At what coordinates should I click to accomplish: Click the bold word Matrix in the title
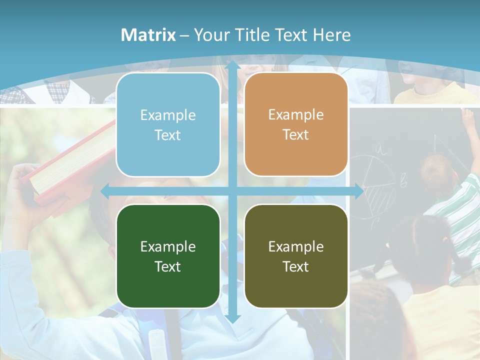[x=148, y=35]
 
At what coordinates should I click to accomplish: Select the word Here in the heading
[x=332, y=35]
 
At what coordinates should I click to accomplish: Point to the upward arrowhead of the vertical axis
[x=232, y=65]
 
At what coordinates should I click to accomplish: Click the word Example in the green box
[x=168, y=246]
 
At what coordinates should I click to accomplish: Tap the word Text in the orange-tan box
[x=296, y=134]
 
